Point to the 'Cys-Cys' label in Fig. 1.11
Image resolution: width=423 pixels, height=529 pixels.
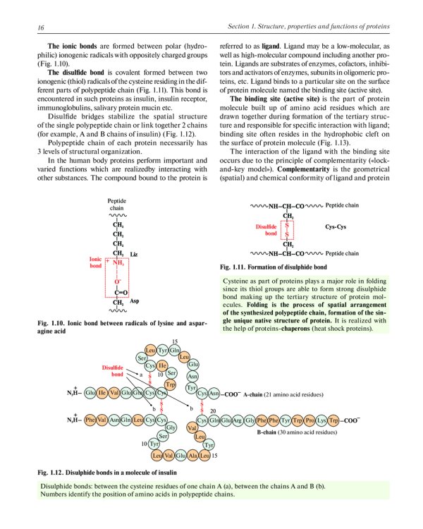334,228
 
